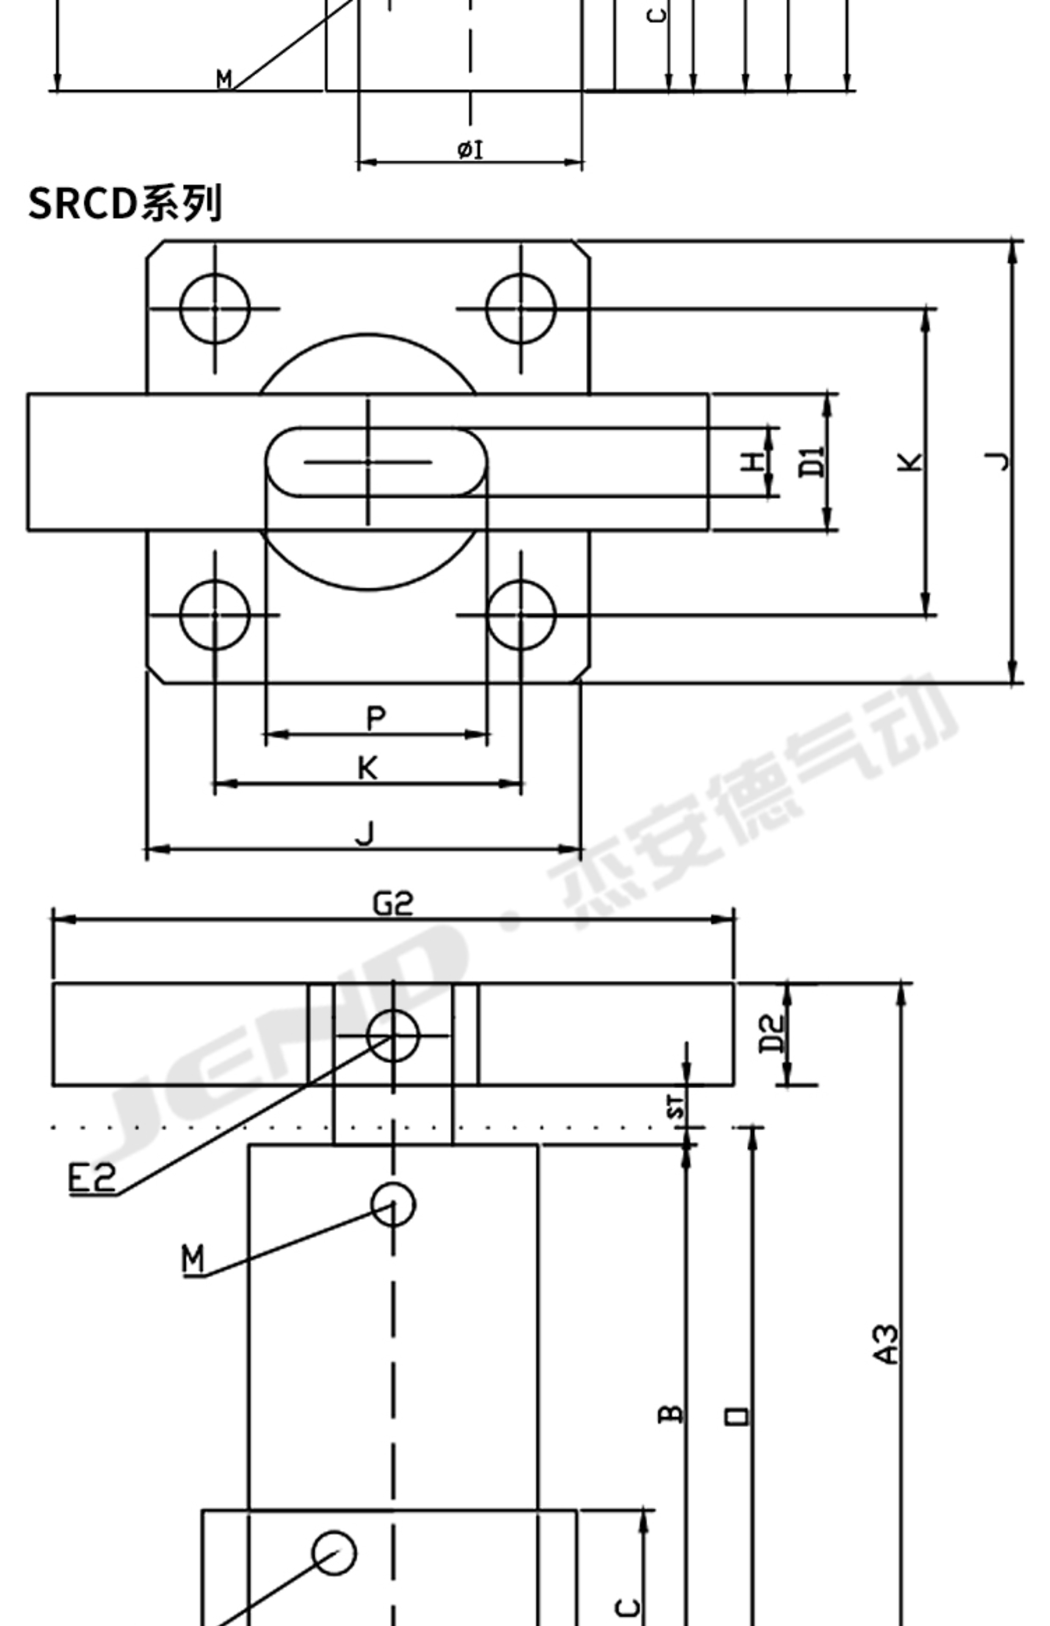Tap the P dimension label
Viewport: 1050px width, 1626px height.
376,718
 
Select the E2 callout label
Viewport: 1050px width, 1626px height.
92,1178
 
